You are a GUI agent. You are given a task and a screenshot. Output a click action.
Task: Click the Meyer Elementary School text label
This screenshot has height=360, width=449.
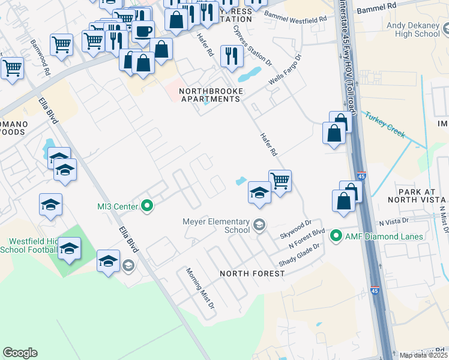tap(216, 226)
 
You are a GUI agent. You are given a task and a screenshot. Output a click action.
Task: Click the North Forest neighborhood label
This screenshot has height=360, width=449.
tap(252, 274)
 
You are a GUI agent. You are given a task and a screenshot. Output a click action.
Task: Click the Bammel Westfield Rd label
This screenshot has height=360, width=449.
tap(295, 16)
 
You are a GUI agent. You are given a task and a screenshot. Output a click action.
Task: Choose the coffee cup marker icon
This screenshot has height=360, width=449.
tap(143, 31)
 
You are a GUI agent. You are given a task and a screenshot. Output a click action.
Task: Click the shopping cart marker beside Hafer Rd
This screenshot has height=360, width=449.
tap(280, 179)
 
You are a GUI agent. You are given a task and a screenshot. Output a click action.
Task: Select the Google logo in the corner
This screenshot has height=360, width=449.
tap(20, 353)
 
